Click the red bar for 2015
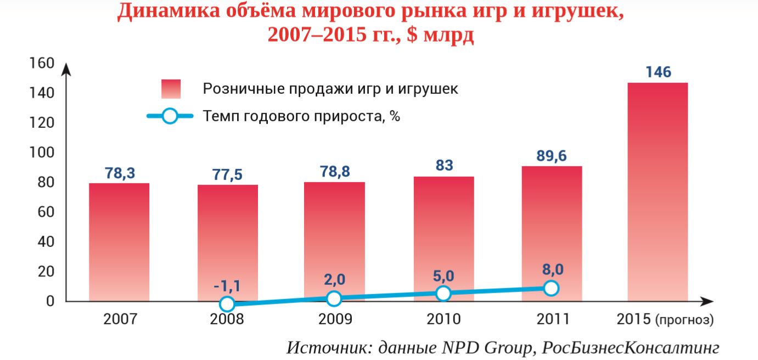657,192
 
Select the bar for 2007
119,241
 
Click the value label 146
658,72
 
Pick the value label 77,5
227,175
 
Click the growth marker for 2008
227,304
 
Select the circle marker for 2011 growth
552,288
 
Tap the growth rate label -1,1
227,286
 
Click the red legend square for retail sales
171,89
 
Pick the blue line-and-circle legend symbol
170,116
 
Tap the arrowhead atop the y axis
66,69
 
